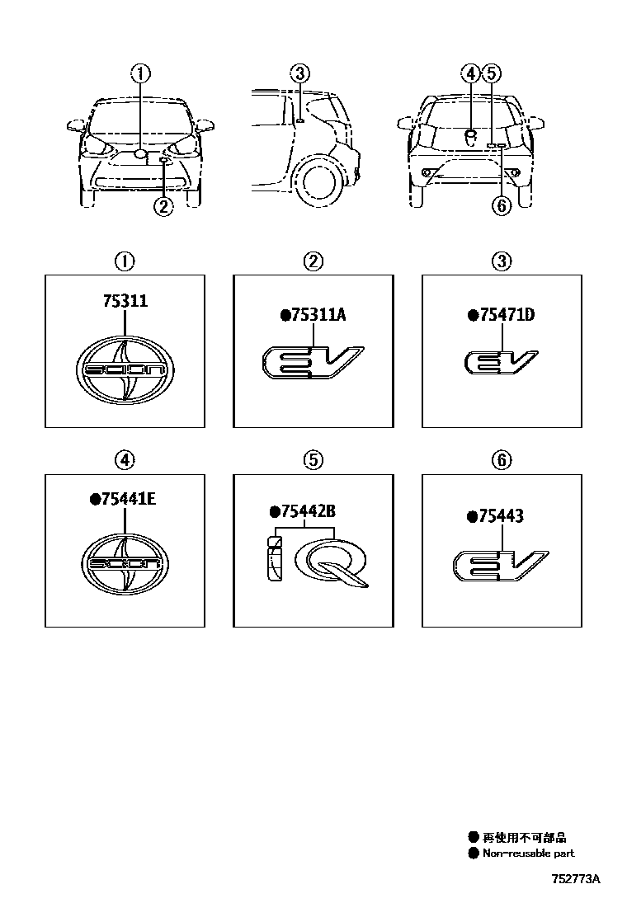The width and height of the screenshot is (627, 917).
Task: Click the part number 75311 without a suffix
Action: pyautogui.click(x=125, y=301)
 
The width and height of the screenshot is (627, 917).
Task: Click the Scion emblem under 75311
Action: pyautogui.click(x=125, y=369)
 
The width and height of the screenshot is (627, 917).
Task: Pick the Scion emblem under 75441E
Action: pyautogui.click(x=125, y=564)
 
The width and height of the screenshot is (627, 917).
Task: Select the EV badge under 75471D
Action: pyautogui.click(x=502, y=362)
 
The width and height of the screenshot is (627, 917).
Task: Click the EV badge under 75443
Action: pyautogui.click(x=501, y=566)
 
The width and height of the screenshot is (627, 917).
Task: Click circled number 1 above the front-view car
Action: pyautogui.click(x=140, y=73)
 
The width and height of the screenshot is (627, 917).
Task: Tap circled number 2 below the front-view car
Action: pyautogui.click(x=164, y=206)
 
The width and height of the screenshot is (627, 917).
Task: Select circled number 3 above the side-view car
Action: pyautogui.click(x=299, y=73)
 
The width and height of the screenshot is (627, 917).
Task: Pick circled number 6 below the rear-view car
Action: pyautogui.click(x=502, y=206)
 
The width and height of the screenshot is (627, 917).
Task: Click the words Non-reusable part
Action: pyautogui.click(x=529, y=854)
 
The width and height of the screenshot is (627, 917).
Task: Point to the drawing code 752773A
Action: pyautogui.click(x=576, y=879)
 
